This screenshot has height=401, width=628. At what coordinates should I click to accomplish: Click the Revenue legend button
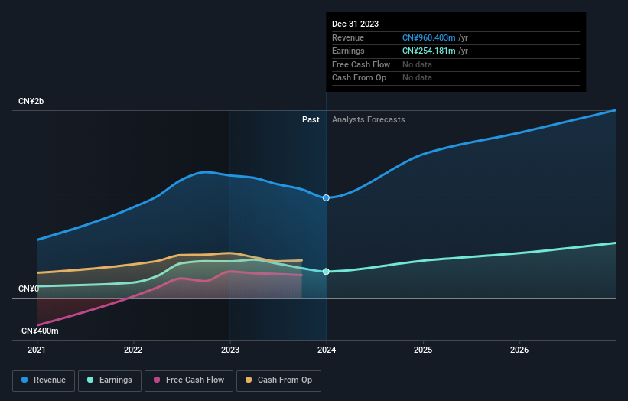tap(44, 380)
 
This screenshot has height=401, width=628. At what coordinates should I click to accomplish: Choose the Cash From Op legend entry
tap(279, 380)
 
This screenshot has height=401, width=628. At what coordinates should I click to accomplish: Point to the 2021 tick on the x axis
tap(37, 350)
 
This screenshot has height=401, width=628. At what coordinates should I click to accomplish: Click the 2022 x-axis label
tap(133, 350)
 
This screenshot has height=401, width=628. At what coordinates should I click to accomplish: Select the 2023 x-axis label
tap(230, 350)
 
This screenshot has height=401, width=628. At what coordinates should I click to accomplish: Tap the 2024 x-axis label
tap(327, 350)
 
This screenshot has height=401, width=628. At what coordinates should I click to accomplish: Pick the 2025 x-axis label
tap(423, 350)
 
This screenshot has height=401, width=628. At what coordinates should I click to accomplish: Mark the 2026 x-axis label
tap(519, 350)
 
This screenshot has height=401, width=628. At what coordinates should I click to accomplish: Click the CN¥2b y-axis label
tap(31, 102)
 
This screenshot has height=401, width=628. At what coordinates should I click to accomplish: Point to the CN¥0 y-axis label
tap(28, 289)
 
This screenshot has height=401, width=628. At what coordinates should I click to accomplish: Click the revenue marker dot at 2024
tap(327, 197)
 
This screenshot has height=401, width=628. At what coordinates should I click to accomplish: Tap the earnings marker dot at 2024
tap(327, 272)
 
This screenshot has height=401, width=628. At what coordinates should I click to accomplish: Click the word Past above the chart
tap(311, 119)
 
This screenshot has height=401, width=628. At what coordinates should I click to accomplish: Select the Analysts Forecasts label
tap(368, 119)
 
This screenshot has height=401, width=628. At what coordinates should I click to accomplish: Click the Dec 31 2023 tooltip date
tap(355, 24)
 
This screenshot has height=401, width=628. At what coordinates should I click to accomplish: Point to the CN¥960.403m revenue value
tap(429, 37)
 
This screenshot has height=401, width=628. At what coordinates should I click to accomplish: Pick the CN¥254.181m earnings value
tap(429, 51)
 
